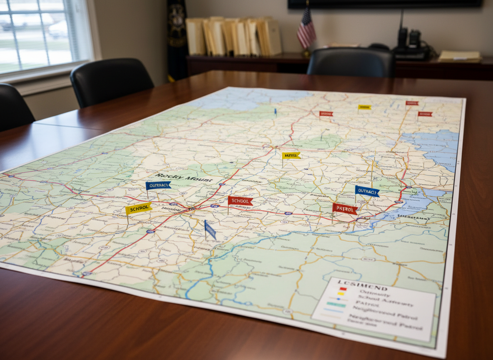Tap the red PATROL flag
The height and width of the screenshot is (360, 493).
point(345,208)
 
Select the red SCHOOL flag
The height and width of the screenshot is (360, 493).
point(240,201)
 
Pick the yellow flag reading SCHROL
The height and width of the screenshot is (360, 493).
point(138,208)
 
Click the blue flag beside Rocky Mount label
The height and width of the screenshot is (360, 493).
point(158,185)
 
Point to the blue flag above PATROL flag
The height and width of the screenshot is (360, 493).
point(367,191)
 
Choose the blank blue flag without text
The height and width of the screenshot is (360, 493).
point(210,230)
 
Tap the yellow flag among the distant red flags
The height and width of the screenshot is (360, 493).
point(364,107)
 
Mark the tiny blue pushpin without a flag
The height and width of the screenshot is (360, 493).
point(275,112)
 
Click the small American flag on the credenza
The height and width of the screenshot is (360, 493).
point(306,29)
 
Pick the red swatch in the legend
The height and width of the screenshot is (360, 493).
point(342,288)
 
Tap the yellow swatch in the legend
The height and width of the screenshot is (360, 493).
point(341,294)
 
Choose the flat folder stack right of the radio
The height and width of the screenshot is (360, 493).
point(459,56)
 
